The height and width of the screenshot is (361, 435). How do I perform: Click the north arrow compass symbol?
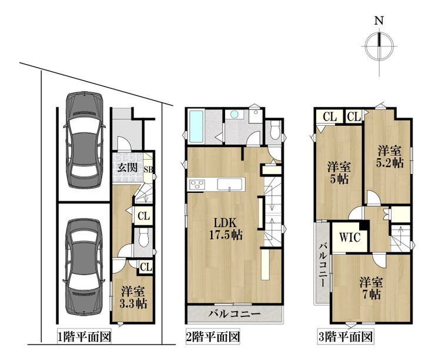(379, 46)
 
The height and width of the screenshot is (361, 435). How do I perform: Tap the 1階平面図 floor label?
(84, 337)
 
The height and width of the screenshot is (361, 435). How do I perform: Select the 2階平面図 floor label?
(213, 337)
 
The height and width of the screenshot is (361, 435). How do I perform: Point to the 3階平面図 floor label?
(345, 337)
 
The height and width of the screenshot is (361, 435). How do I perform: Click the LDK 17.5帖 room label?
(226, 229)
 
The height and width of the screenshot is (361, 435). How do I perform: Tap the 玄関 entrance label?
(128, 168)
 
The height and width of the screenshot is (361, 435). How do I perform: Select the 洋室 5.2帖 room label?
(389, 157)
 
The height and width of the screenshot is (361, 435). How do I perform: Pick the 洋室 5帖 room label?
(339, 173)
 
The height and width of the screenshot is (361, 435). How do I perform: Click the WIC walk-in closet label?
(350, 238)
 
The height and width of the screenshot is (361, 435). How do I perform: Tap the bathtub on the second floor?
(196, 126)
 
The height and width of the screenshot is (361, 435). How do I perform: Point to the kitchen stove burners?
(197, 185)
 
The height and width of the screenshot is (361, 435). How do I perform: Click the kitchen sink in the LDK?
(229, 185)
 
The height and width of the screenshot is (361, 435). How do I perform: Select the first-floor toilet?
(143, 238)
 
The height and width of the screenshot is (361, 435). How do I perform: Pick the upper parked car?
(84, 139)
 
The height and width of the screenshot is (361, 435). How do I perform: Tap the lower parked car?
(84, 267)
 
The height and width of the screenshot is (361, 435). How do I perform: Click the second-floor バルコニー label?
(235, 315)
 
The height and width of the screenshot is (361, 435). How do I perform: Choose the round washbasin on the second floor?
(235, 114)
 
